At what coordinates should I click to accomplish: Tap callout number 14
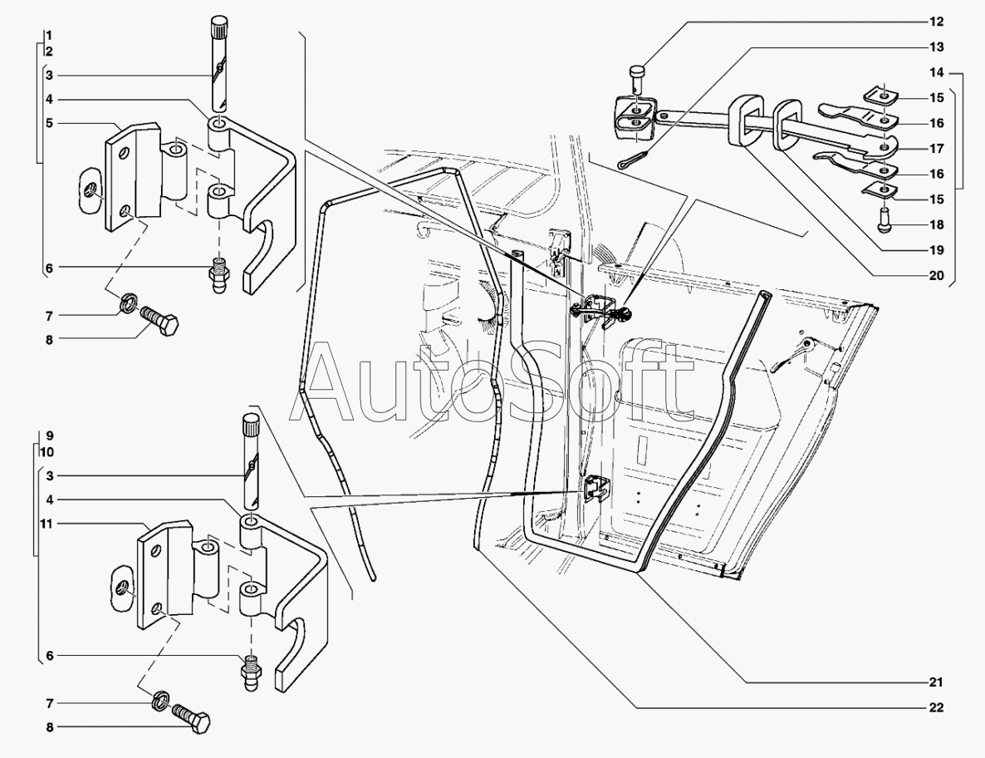(x=936, y=73)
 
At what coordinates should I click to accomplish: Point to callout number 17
(x=936, y=150)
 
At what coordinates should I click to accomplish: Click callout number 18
(x=936, y=224)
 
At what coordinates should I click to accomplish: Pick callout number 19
(x=936, y=249)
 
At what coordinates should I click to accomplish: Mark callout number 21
(x=936, y=683)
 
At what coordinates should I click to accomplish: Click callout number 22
(x=936, y=708)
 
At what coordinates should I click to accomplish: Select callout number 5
(x=50, y=122)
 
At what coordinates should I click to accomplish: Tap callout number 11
(x=49, y=524)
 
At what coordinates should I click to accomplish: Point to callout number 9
(x=50, y=435)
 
